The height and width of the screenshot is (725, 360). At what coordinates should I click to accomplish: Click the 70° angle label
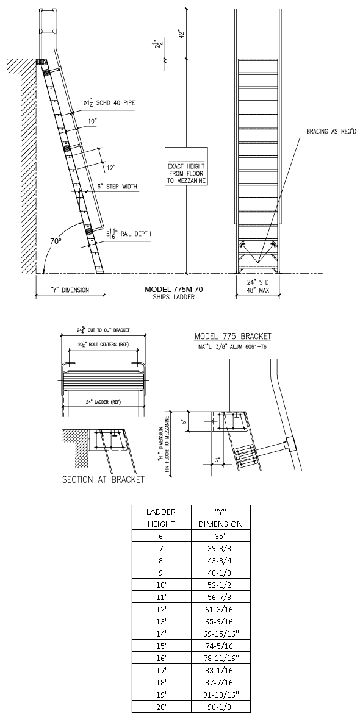tap(56, 241)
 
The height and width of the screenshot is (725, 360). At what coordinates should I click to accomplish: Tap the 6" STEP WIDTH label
tap(117, 187)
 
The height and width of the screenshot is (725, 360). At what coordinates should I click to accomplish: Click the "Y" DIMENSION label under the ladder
tap(70, 290)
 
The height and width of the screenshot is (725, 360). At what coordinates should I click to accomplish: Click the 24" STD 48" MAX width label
tap(257, 287)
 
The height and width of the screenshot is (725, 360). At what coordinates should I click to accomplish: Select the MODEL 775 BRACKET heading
tap(232, 337)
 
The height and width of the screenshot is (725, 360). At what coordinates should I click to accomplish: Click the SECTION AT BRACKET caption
tap(103, 479)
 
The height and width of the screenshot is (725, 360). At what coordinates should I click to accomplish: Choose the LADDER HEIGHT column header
tap(161, 518)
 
